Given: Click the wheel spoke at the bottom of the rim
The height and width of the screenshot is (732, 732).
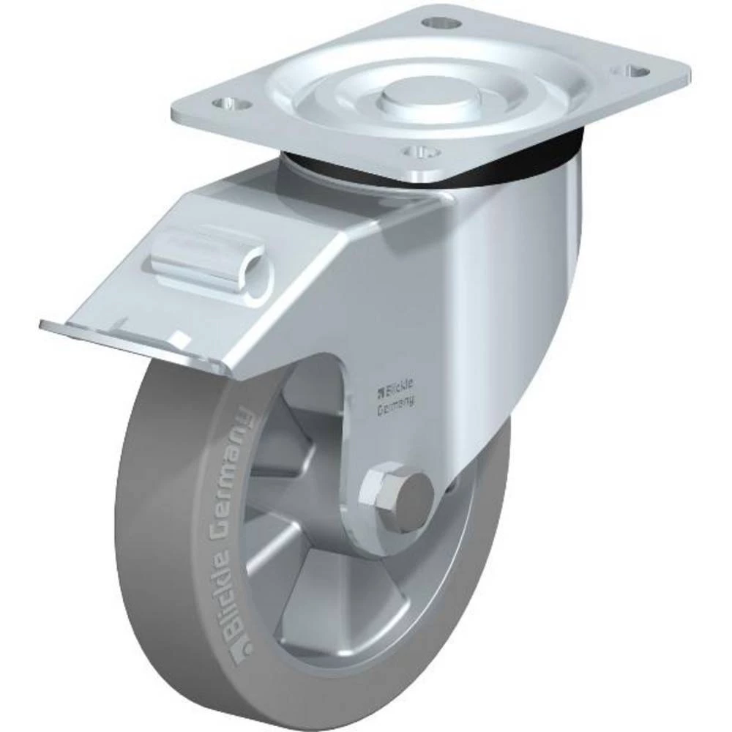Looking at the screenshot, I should [322, 608].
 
